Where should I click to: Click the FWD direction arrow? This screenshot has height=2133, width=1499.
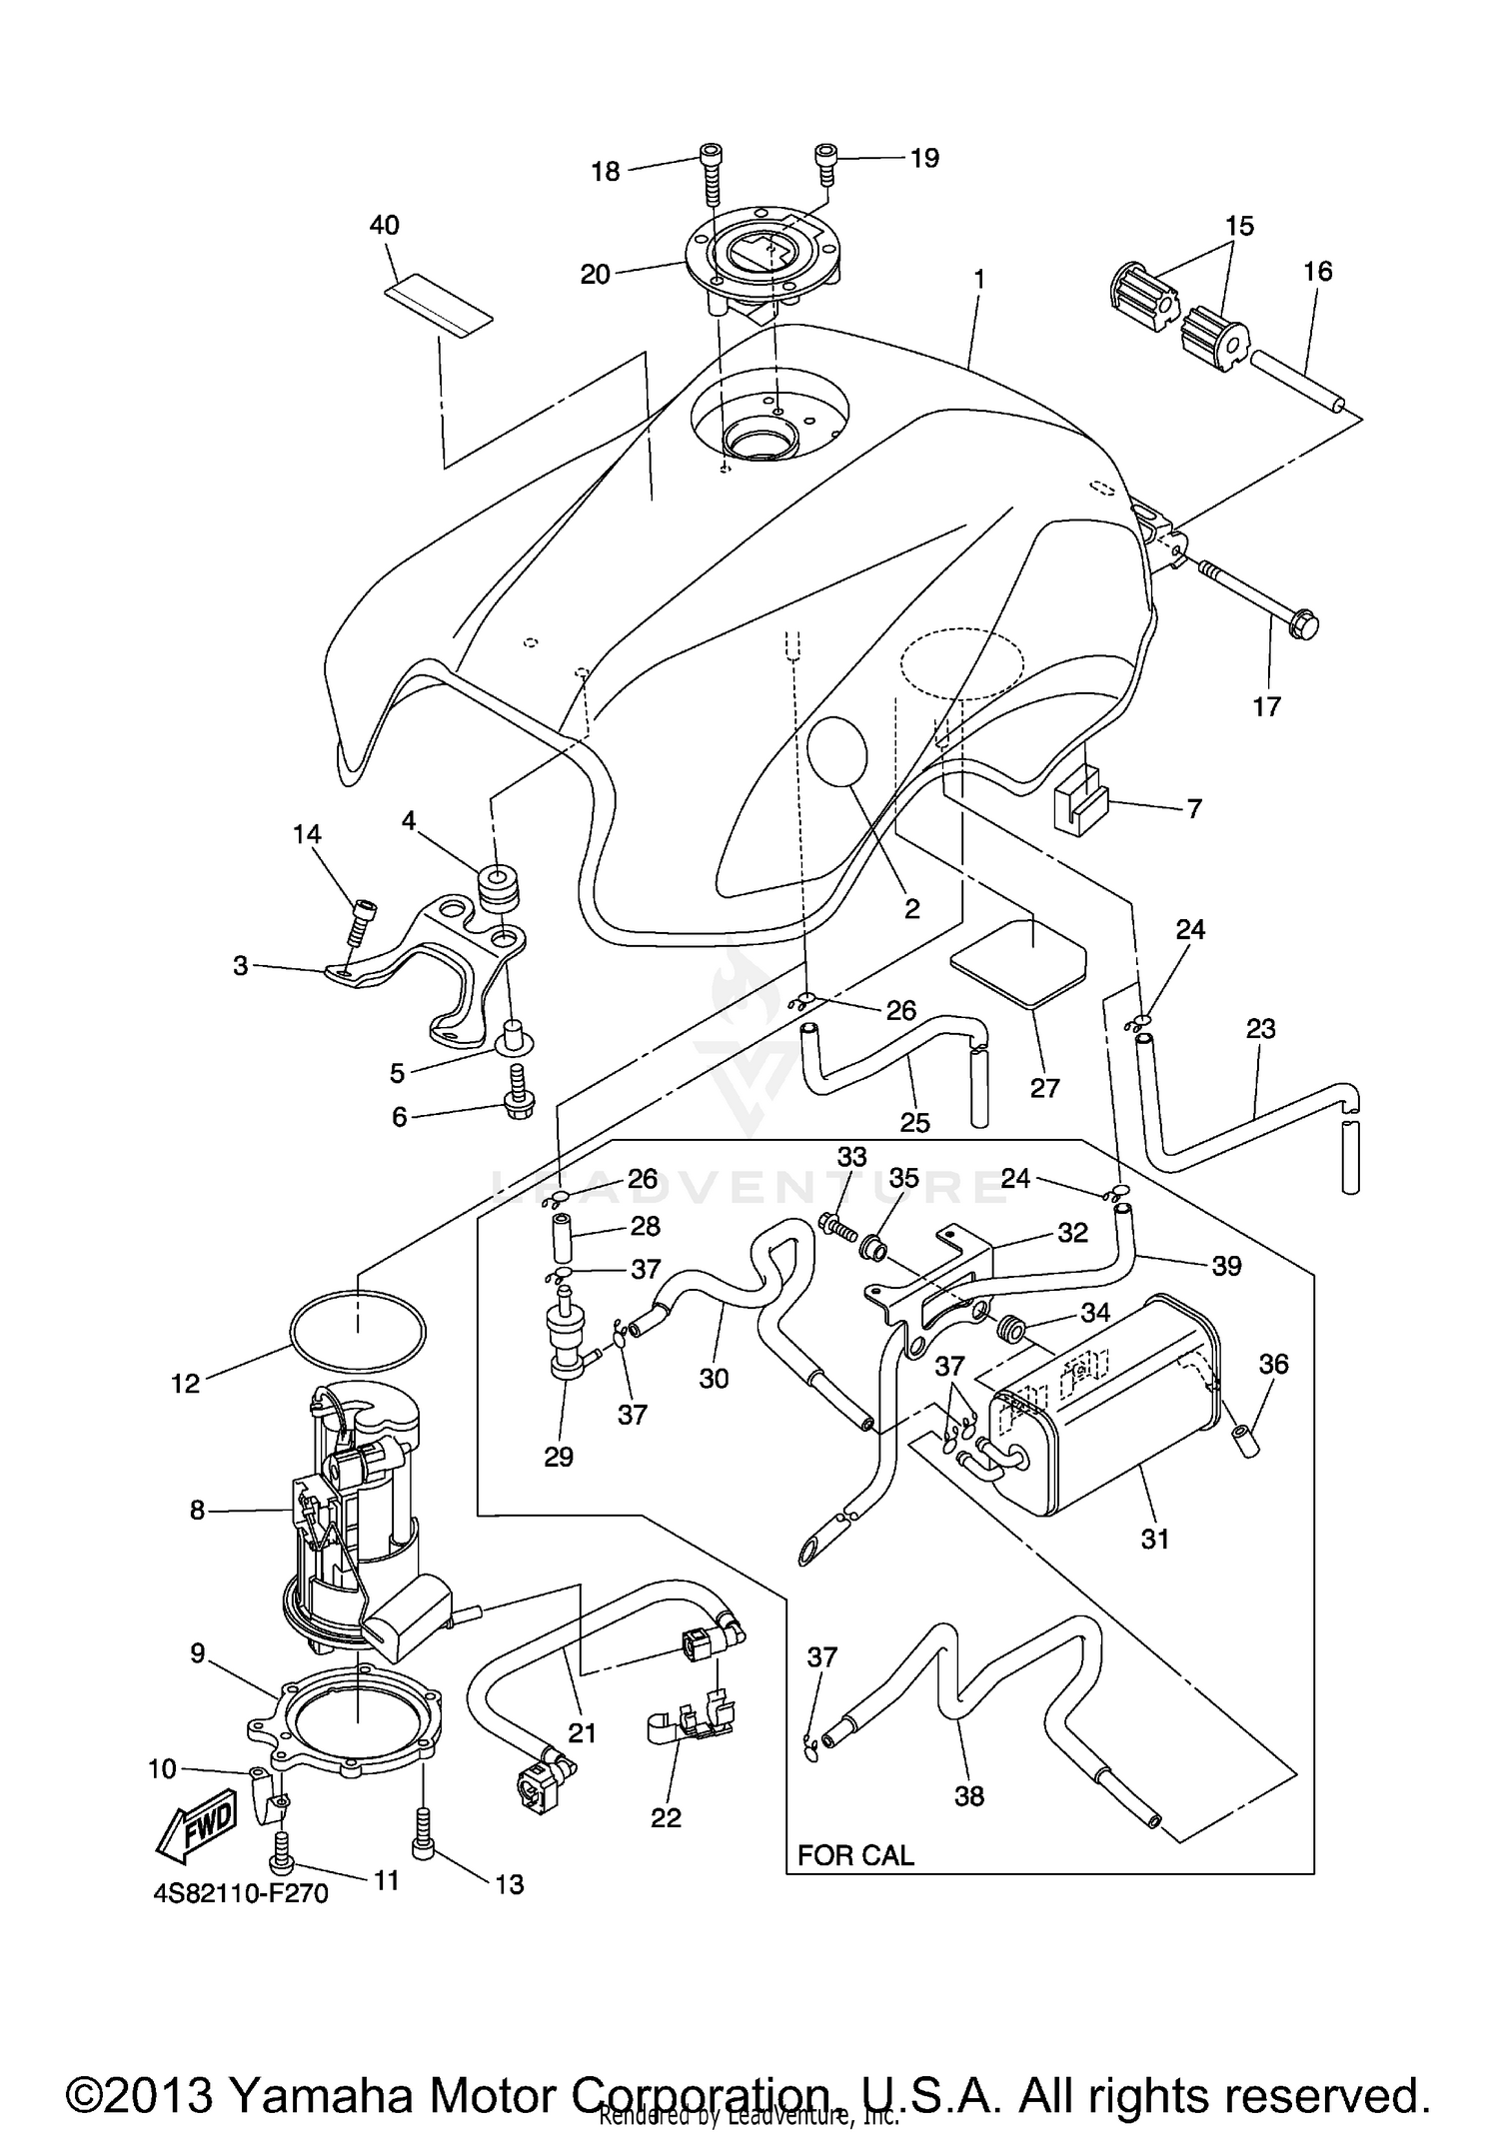pyautogui.click(x=197, y=1827)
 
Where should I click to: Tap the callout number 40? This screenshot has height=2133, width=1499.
pyautogui.click(x=385, y=226)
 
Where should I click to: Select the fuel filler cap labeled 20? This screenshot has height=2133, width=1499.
pyautogui.click(x=762, y=257)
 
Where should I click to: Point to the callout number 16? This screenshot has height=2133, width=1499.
pyautogui.click(x=1317, y=272)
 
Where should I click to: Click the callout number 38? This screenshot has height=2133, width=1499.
pyautogui.click(x=968, y=1795)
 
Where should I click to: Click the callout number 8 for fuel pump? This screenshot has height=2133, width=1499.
pyautogui.click(x=197, y=1511)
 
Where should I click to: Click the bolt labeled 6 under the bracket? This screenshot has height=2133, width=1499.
pyautogui.click(x=519, y=1092)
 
